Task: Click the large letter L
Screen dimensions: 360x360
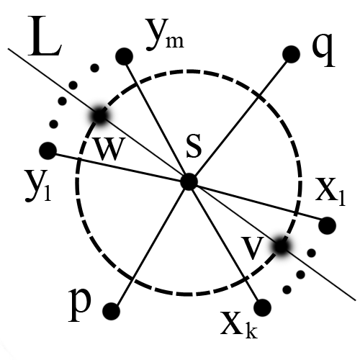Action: tap(45, 36)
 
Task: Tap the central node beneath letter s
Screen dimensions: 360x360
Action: tap(189, 181)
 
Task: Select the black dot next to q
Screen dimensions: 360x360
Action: tap(292, 54)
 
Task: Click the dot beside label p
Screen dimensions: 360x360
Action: tap(111, 311)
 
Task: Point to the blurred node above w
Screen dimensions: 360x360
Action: tap(99, 116)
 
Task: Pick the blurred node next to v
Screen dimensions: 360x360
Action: tap(281, 246)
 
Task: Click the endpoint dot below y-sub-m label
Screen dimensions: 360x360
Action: tap(124, 56)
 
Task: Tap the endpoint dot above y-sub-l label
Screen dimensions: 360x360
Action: tap(48, 150)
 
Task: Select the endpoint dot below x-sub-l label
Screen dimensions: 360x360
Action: tap(327, 225)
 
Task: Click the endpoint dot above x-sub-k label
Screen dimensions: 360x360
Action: tap(263, 307)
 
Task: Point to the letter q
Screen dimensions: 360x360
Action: tap(323, 50)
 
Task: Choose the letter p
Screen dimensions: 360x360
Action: tap(80, 305)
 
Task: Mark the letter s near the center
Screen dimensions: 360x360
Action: tap(194, 146)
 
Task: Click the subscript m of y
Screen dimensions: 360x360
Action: tap(175, 41)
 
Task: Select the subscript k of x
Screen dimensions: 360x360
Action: tap(251, 330)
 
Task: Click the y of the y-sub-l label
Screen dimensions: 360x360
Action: tap(35, 186)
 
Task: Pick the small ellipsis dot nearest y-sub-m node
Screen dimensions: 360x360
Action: tap(94, 68)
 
